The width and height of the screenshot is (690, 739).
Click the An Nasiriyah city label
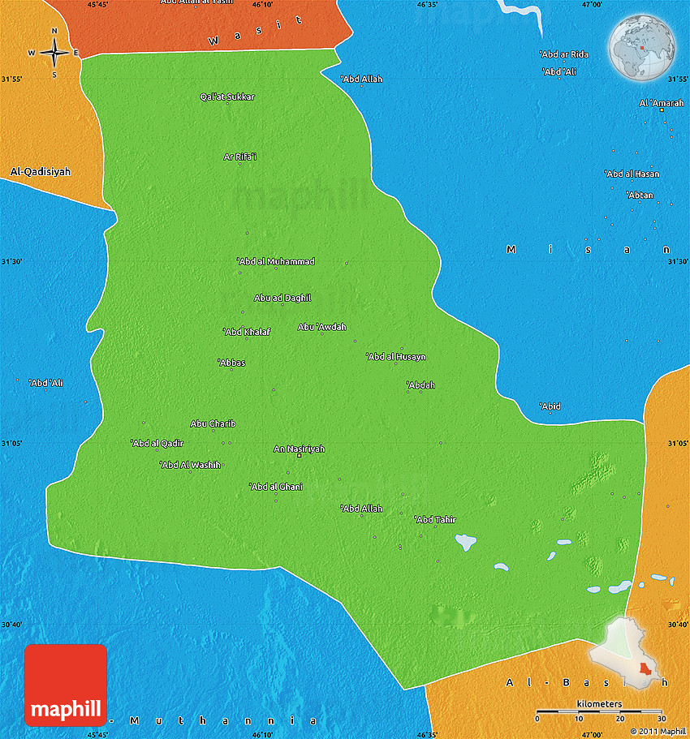(299, 449)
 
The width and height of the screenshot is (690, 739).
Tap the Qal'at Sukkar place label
(227, 97)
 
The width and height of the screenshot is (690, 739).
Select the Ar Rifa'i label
(240, 157)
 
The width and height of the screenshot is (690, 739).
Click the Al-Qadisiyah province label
(41, 172)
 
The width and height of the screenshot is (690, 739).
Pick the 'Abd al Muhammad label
(276, 261)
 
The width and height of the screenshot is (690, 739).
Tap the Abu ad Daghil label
(282, 298)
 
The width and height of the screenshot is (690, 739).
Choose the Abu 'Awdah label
(322, 327)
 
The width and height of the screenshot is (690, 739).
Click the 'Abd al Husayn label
(396, 356)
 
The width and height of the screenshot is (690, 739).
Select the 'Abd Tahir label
(436, 519)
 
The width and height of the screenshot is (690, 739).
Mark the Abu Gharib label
(213, 423)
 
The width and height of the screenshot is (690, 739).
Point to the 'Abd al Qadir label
(157, 443)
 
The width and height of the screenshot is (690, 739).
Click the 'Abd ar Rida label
(564, 54)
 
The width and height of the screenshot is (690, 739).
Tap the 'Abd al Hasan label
(632, 174)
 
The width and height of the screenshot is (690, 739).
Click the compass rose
(54, 53)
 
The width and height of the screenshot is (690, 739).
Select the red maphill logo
(66, 685)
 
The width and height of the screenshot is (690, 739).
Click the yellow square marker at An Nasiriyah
(299, 457)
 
